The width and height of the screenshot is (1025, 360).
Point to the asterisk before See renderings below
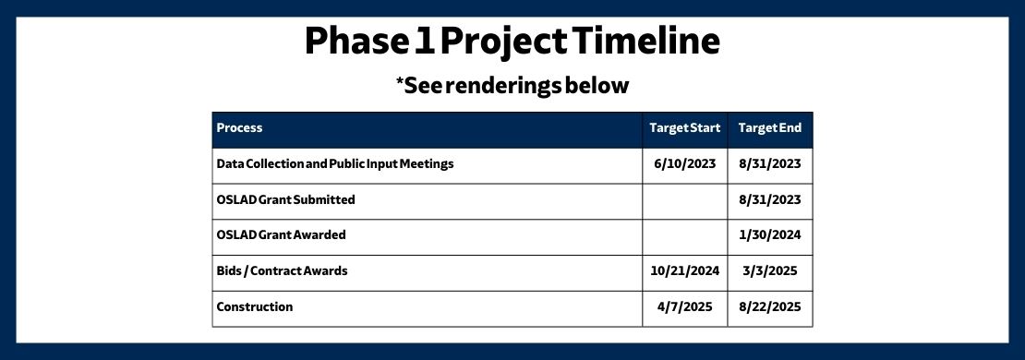401,83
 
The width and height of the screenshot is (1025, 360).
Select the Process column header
239,127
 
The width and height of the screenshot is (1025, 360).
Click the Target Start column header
684,127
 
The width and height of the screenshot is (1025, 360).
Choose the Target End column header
769,127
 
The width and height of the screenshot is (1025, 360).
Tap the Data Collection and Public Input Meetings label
334,164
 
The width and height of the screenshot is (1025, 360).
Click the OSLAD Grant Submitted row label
285,199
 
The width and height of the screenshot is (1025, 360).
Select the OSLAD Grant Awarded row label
281,234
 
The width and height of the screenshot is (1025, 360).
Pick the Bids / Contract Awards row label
282,270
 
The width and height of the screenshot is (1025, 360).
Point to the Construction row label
254,306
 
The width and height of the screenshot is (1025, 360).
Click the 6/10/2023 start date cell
684,164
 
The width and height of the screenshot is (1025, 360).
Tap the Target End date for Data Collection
769,164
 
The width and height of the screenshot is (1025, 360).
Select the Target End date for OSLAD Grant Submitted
769,199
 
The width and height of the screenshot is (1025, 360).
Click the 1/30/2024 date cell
769,234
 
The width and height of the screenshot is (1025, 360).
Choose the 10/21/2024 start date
684,270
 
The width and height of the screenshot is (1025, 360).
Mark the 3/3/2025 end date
769,270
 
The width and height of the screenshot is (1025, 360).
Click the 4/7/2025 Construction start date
684,306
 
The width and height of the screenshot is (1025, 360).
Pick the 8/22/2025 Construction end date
769,306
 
